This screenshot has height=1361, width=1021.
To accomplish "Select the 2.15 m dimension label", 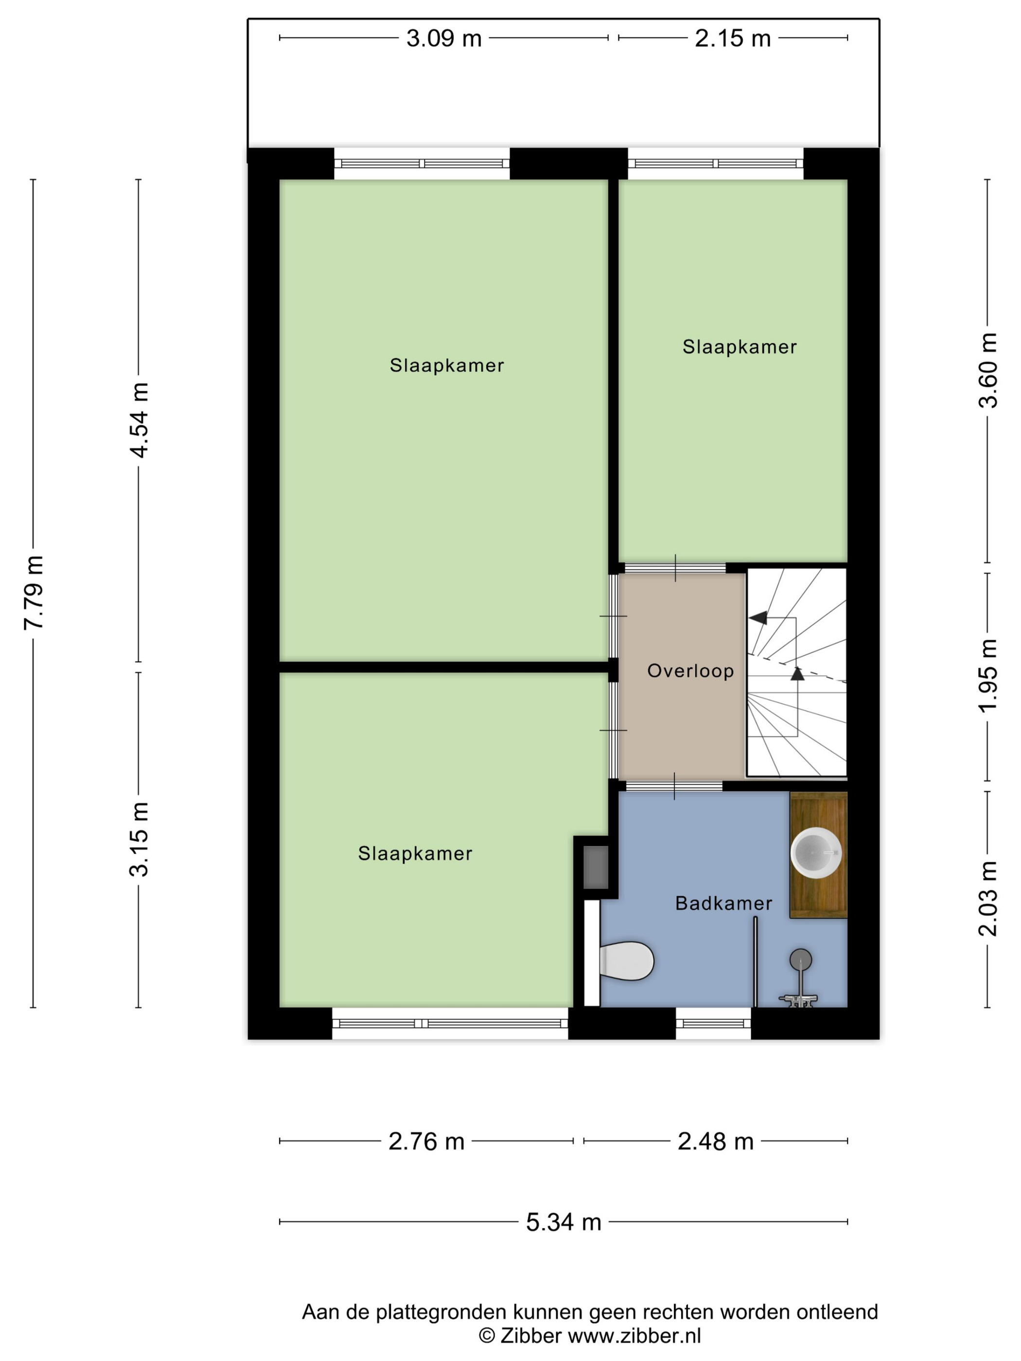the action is click(x=732, y=39).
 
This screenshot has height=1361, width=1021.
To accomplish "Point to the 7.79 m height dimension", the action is click(x=34, y=592).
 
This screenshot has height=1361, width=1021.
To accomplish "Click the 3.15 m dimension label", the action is click(x=139, y=838).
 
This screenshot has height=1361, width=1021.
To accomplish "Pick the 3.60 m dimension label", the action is click(x=988, y=370).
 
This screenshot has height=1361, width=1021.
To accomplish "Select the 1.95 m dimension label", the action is click(x=988, y=676).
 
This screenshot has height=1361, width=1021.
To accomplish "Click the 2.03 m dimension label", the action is click(x=988, y=899).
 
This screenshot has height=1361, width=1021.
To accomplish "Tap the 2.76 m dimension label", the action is click(x=426, y=1142).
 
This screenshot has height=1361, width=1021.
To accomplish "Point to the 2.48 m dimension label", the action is click(x=715, y=1142).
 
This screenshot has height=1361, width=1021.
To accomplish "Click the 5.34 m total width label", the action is click(x=563, y=1222).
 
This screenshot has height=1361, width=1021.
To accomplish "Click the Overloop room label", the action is click(x=690, y=671).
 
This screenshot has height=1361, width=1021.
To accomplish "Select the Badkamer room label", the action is click(x=724, y=903).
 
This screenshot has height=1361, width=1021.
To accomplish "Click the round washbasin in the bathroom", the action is click(x=815, y=852).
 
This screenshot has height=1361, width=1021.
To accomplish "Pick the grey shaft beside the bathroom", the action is click(x=595, y=868).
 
